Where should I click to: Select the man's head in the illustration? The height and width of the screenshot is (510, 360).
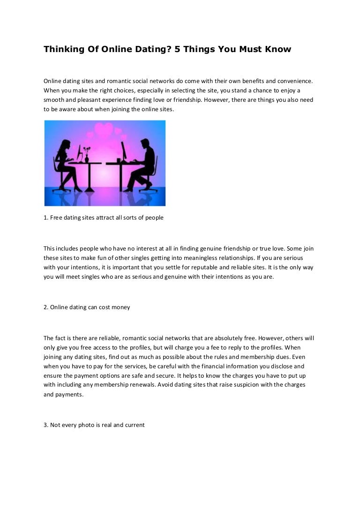(x=144, y=143)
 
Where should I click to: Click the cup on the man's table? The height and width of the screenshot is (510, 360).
(x=119, y=160)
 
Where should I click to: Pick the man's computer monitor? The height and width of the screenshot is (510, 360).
(x=123, y=151)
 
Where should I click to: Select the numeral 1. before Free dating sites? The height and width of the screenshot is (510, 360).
(x=46, y=218)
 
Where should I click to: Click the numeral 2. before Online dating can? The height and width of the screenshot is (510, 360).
(x=46, y=307)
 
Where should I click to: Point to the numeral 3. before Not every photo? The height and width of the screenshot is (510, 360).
(x=46, y=425)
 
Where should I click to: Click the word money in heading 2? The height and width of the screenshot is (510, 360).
(x=121, y=307)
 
